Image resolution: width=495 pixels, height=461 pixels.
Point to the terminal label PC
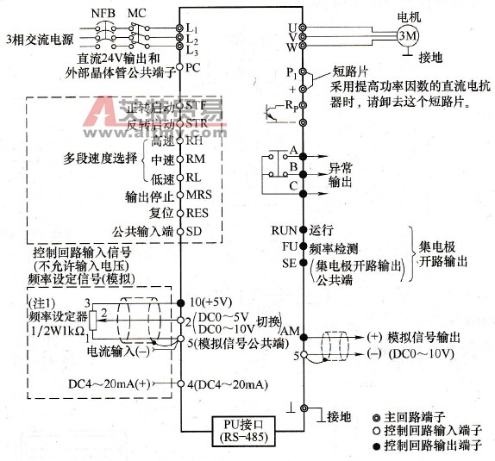point(193,66)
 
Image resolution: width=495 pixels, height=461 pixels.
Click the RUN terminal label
point(283,231)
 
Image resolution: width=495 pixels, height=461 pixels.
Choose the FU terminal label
point(287,246)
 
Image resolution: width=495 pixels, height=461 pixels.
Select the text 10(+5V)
point(210,303)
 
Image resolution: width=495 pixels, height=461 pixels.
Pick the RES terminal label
point(198,212)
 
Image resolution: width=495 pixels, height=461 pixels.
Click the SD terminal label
point(194,230)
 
